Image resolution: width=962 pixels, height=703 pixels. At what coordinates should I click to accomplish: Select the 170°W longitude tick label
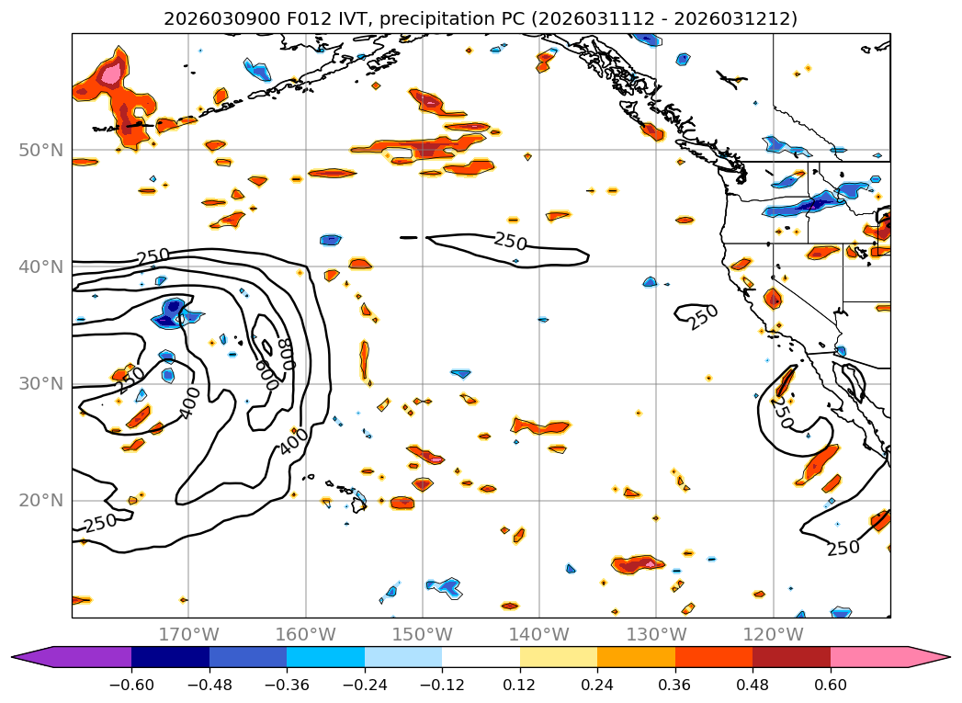[188, 634]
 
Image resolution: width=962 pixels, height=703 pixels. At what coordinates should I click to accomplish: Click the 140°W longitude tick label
[539, 634]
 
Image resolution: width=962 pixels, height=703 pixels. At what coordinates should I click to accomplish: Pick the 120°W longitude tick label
[773, 634]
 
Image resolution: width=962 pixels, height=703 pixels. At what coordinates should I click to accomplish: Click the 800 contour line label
[287, 352]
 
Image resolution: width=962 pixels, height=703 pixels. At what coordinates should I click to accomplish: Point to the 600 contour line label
[267, 374]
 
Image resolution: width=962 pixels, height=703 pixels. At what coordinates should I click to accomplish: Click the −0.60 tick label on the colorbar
[131, 684]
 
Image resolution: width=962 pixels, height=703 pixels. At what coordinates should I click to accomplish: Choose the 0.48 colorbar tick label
[753, 684]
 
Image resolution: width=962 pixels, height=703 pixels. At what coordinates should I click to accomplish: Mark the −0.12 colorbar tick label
[442, 684]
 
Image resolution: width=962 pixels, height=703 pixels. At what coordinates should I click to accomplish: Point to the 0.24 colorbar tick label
[597, 684]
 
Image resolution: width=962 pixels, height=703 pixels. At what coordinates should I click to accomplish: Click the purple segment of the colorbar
[83, 656]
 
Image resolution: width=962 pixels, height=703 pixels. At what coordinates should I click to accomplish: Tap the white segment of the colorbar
[481, 656]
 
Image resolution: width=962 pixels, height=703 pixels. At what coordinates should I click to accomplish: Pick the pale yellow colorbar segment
[559, 656]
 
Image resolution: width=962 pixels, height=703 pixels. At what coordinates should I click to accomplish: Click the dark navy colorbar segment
[170, 656]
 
